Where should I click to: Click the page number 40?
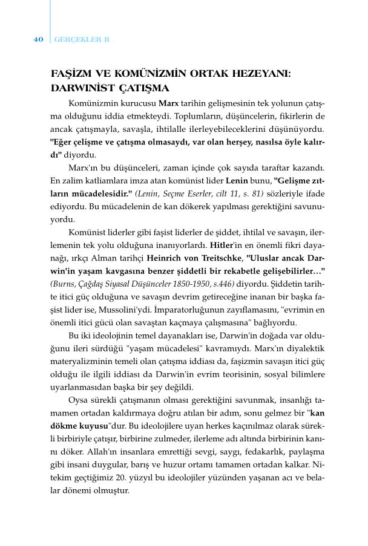(x=38, y=39)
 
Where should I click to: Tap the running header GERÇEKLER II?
(x=82, y=39)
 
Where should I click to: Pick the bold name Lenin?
(x=237, y=180)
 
